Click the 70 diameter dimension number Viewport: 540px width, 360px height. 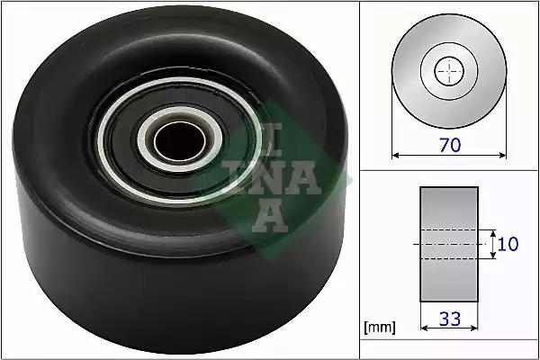(x=450, y=145)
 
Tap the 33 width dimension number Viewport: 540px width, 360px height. (x=450, y=319)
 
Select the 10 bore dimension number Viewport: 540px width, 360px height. (x=508, y=244)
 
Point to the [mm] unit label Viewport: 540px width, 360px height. (x=380, y=328)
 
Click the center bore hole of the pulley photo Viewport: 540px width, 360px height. (x=179, y=140)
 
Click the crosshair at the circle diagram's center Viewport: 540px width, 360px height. (x=449, y=71)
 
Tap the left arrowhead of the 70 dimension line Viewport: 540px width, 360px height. (x=395, y=156)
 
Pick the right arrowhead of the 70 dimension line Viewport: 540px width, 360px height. (x=503, y=156)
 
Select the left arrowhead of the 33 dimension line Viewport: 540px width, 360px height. (x=424, y=328)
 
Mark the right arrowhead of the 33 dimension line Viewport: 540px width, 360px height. (x=474, y=328)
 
